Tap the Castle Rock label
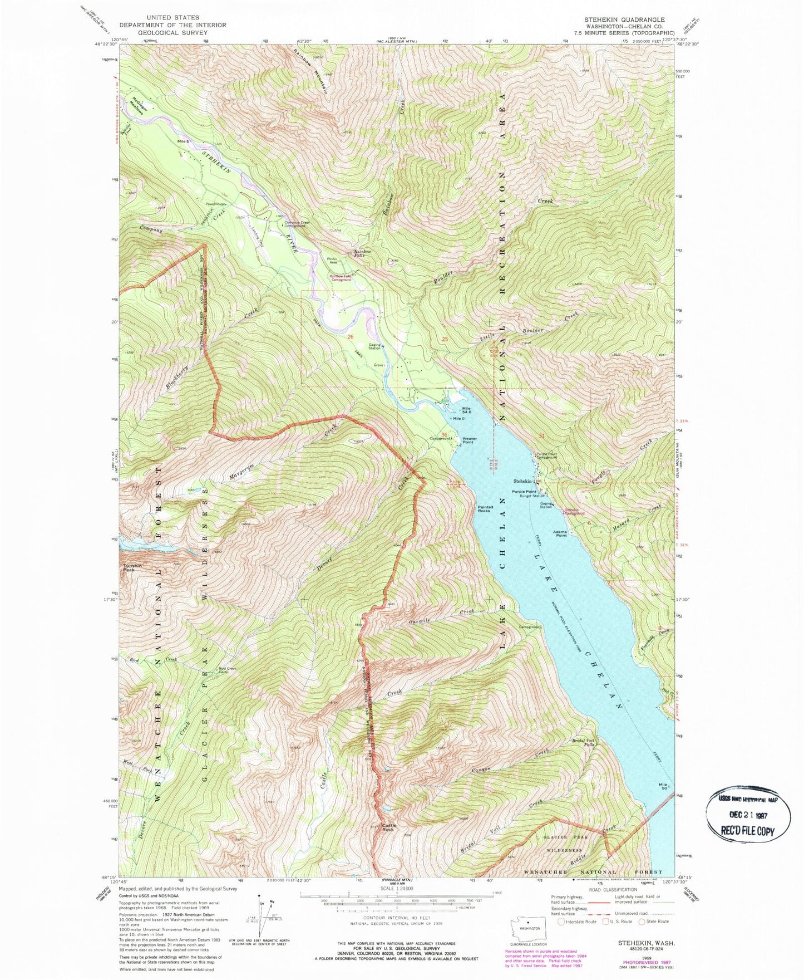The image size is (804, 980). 388,827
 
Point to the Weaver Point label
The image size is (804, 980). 468,440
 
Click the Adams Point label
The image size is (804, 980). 560,533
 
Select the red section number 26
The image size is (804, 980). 350,337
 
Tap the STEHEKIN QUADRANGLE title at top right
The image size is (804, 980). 624,19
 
